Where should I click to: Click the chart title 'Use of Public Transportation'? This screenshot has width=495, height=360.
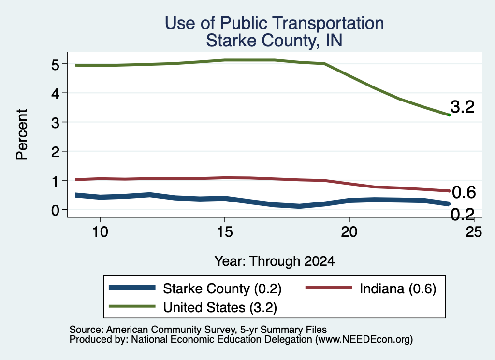pyautogui.click(x=275, y=23)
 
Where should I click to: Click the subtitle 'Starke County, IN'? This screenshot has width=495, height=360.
pyautogui.click(x=275, y=41)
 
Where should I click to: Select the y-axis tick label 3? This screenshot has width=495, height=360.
pyautogui.click(x=55, y=122)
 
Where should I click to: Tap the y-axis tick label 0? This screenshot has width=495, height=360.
pyautogui.click(x=55, y=210)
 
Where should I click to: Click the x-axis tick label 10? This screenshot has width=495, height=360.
pyautogui.click(x=100, y=232)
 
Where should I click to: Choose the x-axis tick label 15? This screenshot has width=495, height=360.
pyautogui.click(x=225, y=232)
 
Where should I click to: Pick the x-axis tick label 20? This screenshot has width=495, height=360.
pyautogui.click(x=349, y=232)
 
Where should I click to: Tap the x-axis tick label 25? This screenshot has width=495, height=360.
pyautogui.click(x=474, y=232)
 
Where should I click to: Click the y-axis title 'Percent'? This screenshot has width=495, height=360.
pyautogui.click(x=22, y=135)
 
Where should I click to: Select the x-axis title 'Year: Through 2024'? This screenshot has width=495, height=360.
pyautogui.click(x=275, y=261)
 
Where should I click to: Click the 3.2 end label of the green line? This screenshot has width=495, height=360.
pyautogui.click(x=463, y=107)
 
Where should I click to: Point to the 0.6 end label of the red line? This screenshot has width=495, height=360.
pyautogui.click(x=464, y=192)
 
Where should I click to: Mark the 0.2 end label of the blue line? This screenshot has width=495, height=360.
pyautogui.click(x=463, y=215)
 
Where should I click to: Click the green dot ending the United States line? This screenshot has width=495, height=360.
pyautogui.click(x=449, y=115)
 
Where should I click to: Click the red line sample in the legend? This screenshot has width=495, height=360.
pyautogui.click(x=329, y=288)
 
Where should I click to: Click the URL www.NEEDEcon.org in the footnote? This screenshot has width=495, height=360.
pyautogui.click(x=364, y=340)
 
